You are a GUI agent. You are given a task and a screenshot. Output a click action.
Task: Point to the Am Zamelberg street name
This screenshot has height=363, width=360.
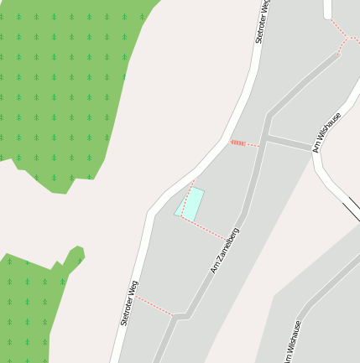[x=225, y=251]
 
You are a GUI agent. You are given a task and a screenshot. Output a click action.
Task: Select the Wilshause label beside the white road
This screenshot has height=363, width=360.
[x=327, y=132]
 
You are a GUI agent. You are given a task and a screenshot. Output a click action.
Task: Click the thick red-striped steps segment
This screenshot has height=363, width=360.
[x=237, y=143]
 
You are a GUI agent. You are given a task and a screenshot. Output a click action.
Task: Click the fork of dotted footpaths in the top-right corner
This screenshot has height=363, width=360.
[x=345, y=37]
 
